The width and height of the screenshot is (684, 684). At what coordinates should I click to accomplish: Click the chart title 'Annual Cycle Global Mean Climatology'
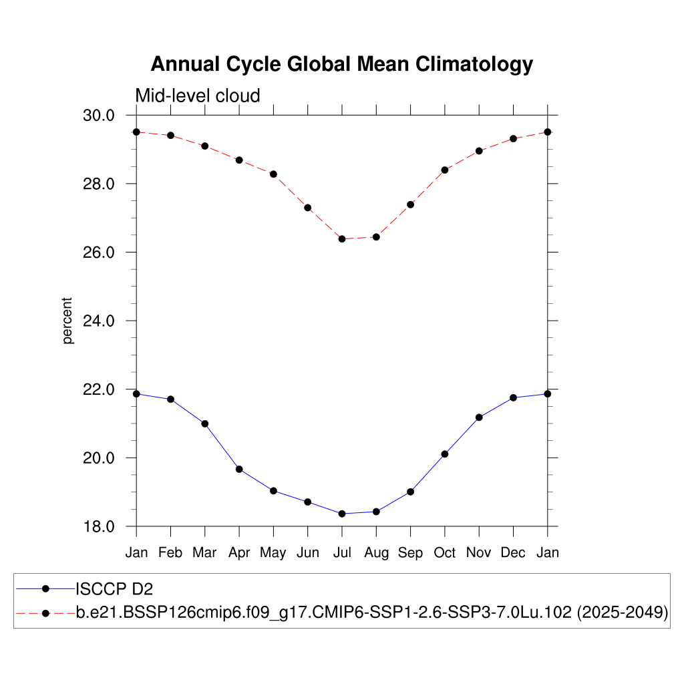[341, 64]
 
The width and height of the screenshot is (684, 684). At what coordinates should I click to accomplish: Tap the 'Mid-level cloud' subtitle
[198, 96]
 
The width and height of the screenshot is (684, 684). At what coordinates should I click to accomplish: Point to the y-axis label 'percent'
[67, 321]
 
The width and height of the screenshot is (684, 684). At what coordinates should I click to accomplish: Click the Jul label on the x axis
[342, 552]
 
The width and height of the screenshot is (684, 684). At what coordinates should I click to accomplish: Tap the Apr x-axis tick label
[239, 553]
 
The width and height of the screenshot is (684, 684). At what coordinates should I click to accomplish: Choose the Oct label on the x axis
[445, 552]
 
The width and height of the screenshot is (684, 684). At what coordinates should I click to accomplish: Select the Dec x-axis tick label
[513, 552]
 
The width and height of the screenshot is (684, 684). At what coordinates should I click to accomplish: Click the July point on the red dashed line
[342, 238]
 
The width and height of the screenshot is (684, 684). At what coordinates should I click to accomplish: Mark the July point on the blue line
[342, 514]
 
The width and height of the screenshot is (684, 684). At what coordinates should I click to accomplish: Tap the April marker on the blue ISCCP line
[239, 469]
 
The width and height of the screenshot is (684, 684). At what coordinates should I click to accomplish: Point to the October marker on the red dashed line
[445, 170]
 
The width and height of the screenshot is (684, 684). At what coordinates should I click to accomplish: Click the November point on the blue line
[479, 417]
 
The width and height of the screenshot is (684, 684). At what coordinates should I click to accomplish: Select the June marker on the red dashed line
[308, 208]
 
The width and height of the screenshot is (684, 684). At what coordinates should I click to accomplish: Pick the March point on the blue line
[205, 423]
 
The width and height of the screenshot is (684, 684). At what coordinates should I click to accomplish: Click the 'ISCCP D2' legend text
[110, 588]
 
